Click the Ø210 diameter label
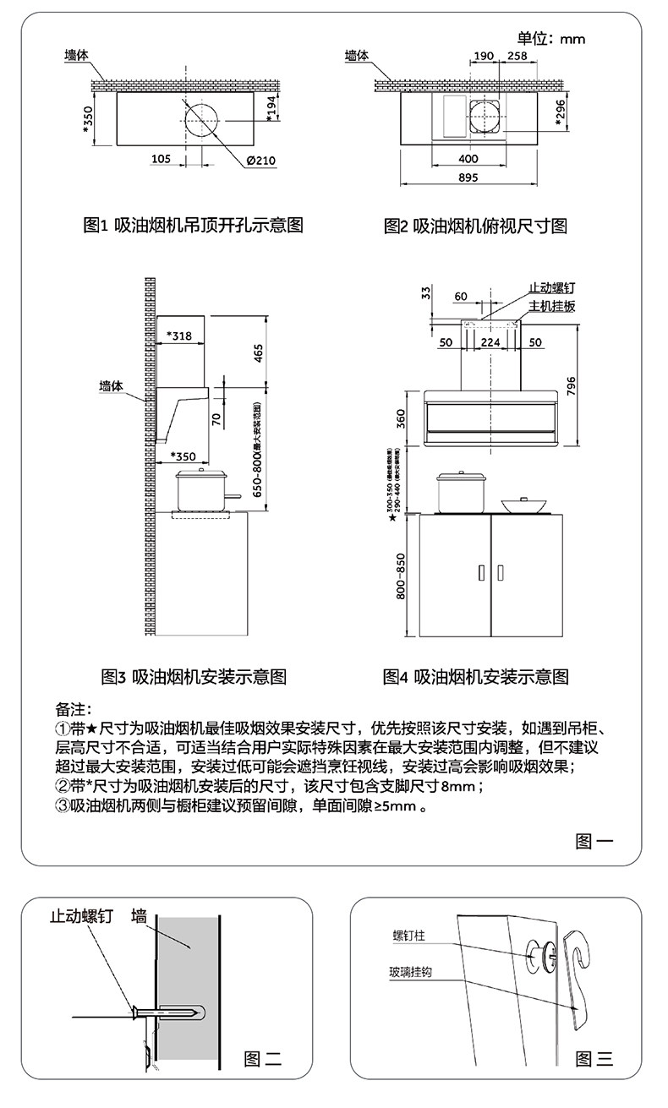261,161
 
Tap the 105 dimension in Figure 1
161,159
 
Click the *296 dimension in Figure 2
560,113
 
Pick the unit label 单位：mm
551,38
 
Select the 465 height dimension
259,351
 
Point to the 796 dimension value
571,385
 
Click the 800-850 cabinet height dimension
402,576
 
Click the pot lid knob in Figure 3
202,471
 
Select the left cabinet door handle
480,572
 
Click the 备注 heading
74,707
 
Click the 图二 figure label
262,1057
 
